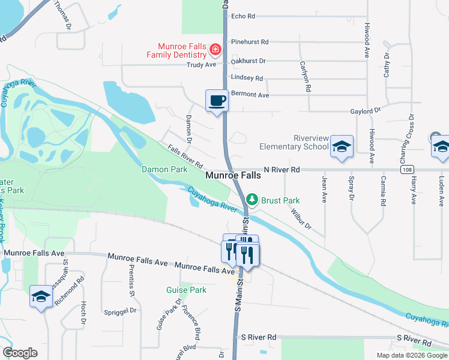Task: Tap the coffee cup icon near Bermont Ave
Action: click(217, 101)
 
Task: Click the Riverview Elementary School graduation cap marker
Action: click(342, 147)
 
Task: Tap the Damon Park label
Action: click(164, 170)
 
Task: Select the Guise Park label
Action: click(186, 290)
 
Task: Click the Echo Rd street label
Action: click(243, 16)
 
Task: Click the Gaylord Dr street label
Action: click(366, 111)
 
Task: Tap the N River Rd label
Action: click(281, 170)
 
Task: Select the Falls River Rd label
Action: click(185, 157)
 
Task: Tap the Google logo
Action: click(20, 353)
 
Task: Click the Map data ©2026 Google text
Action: click(411, 355)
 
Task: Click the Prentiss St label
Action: click(131, 283)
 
